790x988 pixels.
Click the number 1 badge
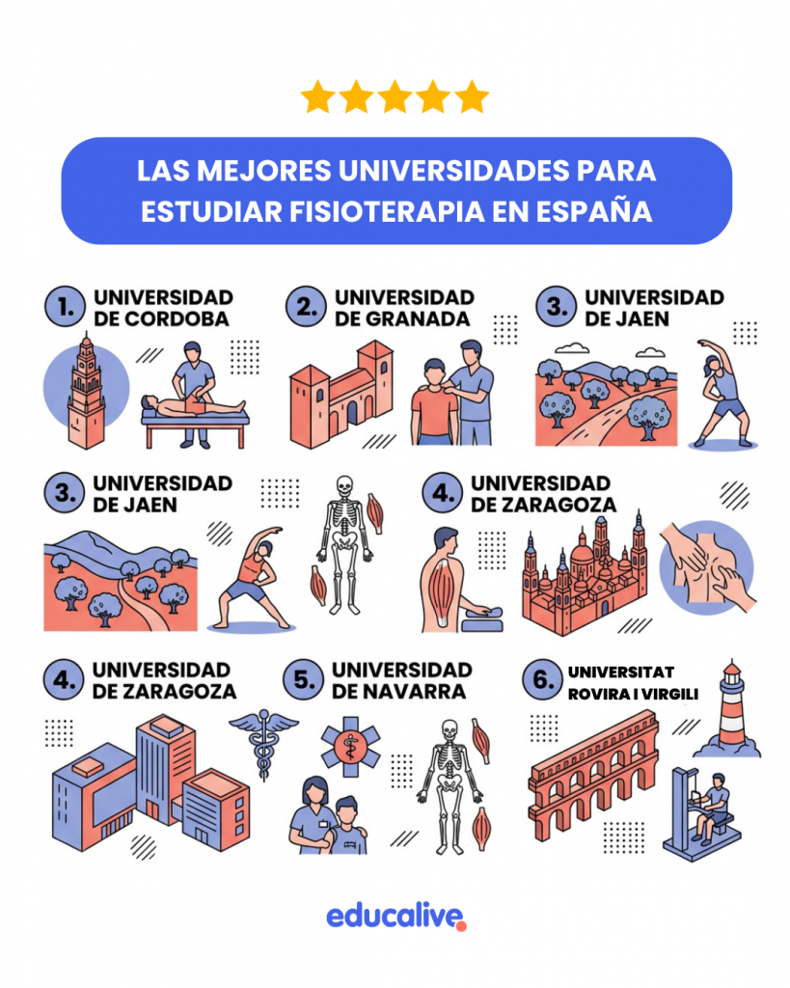click(65, 307)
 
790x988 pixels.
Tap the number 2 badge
click(306, 307)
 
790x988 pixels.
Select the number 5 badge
click(304, 680)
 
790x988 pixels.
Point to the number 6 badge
click(542, 680)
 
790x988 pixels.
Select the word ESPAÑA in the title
click(594, 211)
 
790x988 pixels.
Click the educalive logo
click(396, 917)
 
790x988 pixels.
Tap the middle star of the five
click(395, 97)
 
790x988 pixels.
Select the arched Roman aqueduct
click(593, 776)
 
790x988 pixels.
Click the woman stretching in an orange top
click(255, 578)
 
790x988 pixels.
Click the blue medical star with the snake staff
click(350, 747)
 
